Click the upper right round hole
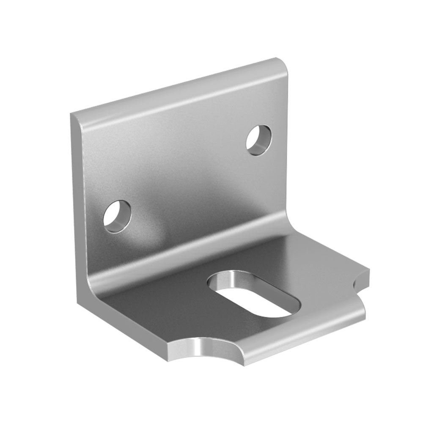[259, 140]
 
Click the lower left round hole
[117, 216]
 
